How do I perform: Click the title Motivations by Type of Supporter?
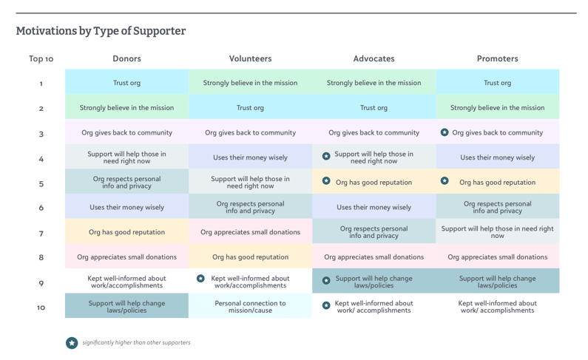101,31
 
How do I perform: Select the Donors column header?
126,58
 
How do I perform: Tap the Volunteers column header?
250,58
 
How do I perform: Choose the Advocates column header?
374,58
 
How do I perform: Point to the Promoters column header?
497,58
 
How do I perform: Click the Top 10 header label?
41,59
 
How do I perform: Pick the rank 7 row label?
41,233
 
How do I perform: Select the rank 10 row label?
41,307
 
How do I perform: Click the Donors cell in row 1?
126,83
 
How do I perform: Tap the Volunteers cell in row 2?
250,108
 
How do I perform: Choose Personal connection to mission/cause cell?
250,307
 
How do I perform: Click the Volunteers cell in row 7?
250,232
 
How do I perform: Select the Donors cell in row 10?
126,307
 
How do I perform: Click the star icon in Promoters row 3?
445,132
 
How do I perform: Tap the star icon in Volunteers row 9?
200,279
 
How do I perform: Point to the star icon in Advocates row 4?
326,157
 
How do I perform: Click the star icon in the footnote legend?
72,343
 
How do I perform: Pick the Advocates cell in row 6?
374,208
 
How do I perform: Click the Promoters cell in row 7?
497,232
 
